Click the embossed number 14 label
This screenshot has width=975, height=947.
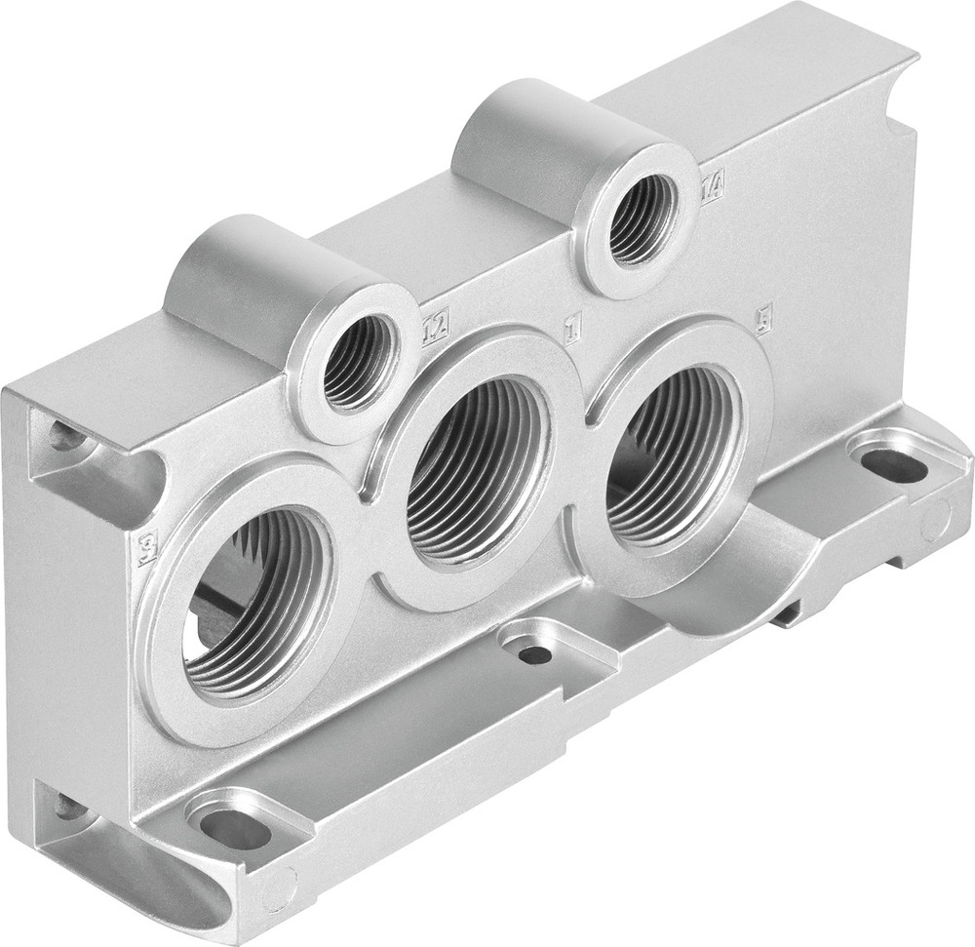coord(712,185)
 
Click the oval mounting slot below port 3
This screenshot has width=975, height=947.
coord(234,828)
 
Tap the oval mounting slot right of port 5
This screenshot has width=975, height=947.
coord(893,466)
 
